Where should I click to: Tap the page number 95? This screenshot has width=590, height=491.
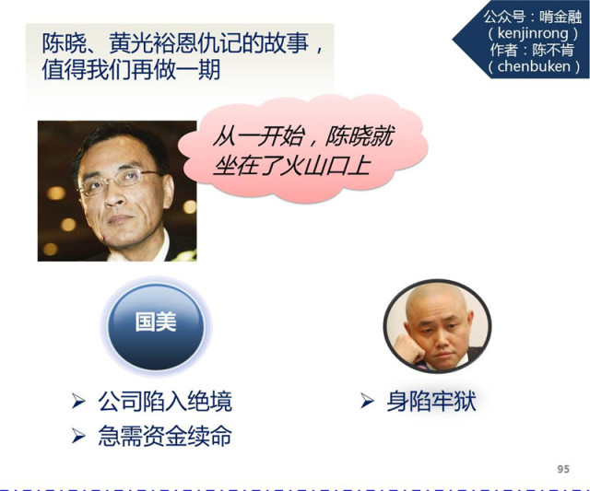[563, 469]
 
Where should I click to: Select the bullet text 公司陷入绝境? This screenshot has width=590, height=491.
[165, 402]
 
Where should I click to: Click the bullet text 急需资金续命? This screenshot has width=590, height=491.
[165, 436]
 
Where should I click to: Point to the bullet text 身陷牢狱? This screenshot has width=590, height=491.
[431, 401]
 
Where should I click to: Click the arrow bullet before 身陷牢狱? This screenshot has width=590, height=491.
[367, 401]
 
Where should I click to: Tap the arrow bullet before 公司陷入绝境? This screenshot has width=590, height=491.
[78, 401]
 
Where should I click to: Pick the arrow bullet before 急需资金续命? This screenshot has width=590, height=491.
[78, 436]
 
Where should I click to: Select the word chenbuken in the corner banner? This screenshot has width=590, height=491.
[534, 66]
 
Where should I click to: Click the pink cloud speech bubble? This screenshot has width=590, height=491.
[303, 148]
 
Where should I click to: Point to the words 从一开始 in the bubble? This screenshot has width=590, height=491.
[258, 136]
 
